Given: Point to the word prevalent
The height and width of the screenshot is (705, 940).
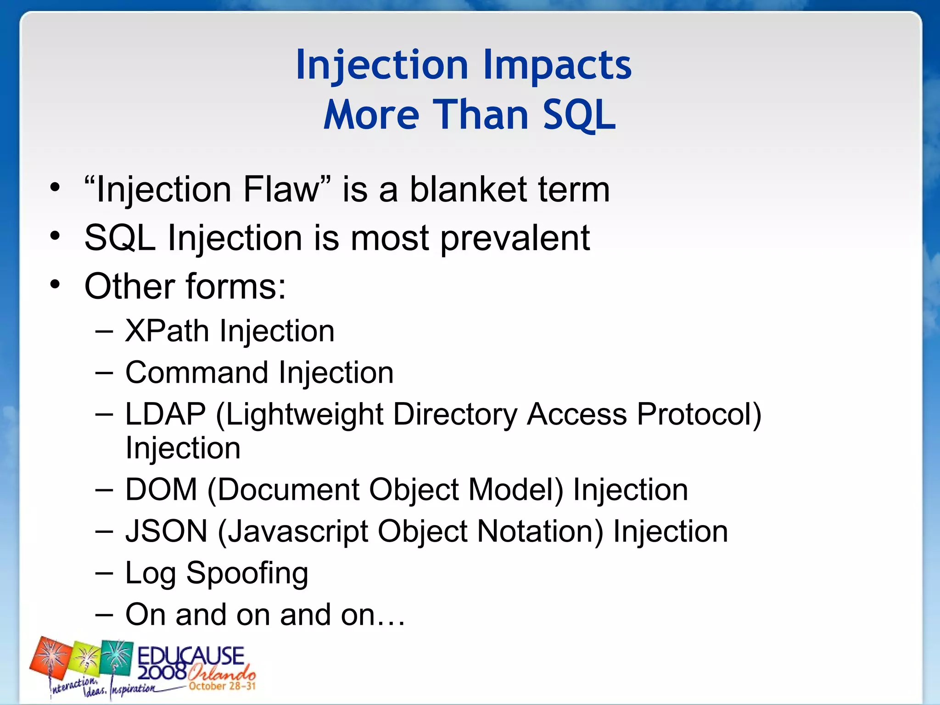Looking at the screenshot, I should point(515,239).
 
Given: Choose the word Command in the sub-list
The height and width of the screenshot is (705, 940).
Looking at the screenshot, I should point(196,372).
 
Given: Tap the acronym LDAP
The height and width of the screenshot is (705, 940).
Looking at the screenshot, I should point(165,414).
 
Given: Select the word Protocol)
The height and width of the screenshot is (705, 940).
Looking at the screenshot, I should point(699,414).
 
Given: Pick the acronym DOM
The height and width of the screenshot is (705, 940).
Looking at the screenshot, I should point(161,489).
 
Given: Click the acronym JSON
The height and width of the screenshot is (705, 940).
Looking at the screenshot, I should point(167,531).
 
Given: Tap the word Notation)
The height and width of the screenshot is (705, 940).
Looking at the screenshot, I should point(540,532).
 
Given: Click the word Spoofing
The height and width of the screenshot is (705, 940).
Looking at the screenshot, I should point(247,574).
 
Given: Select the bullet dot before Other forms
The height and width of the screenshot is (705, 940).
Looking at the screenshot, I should point(55,285).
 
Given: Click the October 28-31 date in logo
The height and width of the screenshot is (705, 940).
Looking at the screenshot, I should point(222,686).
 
